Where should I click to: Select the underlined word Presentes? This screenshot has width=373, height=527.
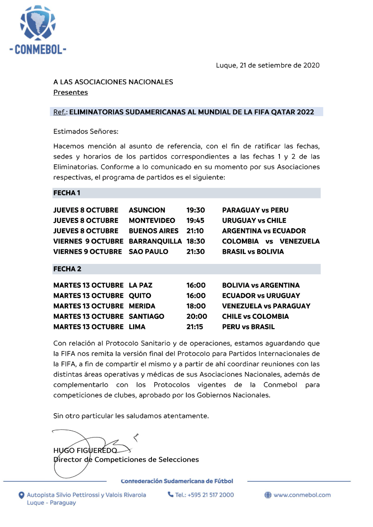tap(71, 93)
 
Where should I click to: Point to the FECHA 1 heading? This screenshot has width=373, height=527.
tap(67, 193)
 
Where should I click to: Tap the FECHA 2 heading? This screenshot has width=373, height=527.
tap(67, 269)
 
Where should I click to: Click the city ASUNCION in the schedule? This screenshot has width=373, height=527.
tap(147, 210)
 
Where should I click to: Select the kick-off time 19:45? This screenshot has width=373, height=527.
tap(196, 221)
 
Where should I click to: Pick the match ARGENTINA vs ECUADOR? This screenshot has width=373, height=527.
tap(264, 231)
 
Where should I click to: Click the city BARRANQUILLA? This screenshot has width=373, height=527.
tap(155, 241)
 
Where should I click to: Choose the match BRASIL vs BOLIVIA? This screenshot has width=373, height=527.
tap(253, 252)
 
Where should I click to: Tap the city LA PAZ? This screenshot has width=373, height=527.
tap(141, 285)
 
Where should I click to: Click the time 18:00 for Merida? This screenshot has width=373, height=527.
tap(196, 306)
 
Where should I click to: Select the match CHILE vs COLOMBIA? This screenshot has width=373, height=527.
tap(255, 316)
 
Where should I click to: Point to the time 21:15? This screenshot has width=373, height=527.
tap(195, 327)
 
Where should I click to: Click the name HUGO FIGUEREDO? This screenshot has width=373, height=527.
tap(85, 451)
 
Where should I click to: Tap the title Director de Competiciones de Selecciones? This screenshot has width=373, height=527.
tap(126, 460)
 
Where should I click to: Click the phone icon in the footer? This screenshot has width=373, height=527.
tap(170, 495)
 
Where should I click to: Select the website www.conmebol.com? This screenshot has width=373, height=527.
tap(302, 495)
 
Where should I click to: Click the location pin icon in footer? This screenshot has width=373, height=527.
tap(21, 495)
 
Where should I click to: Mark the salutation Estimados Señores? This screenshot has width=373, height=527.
tap(86, 132)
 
